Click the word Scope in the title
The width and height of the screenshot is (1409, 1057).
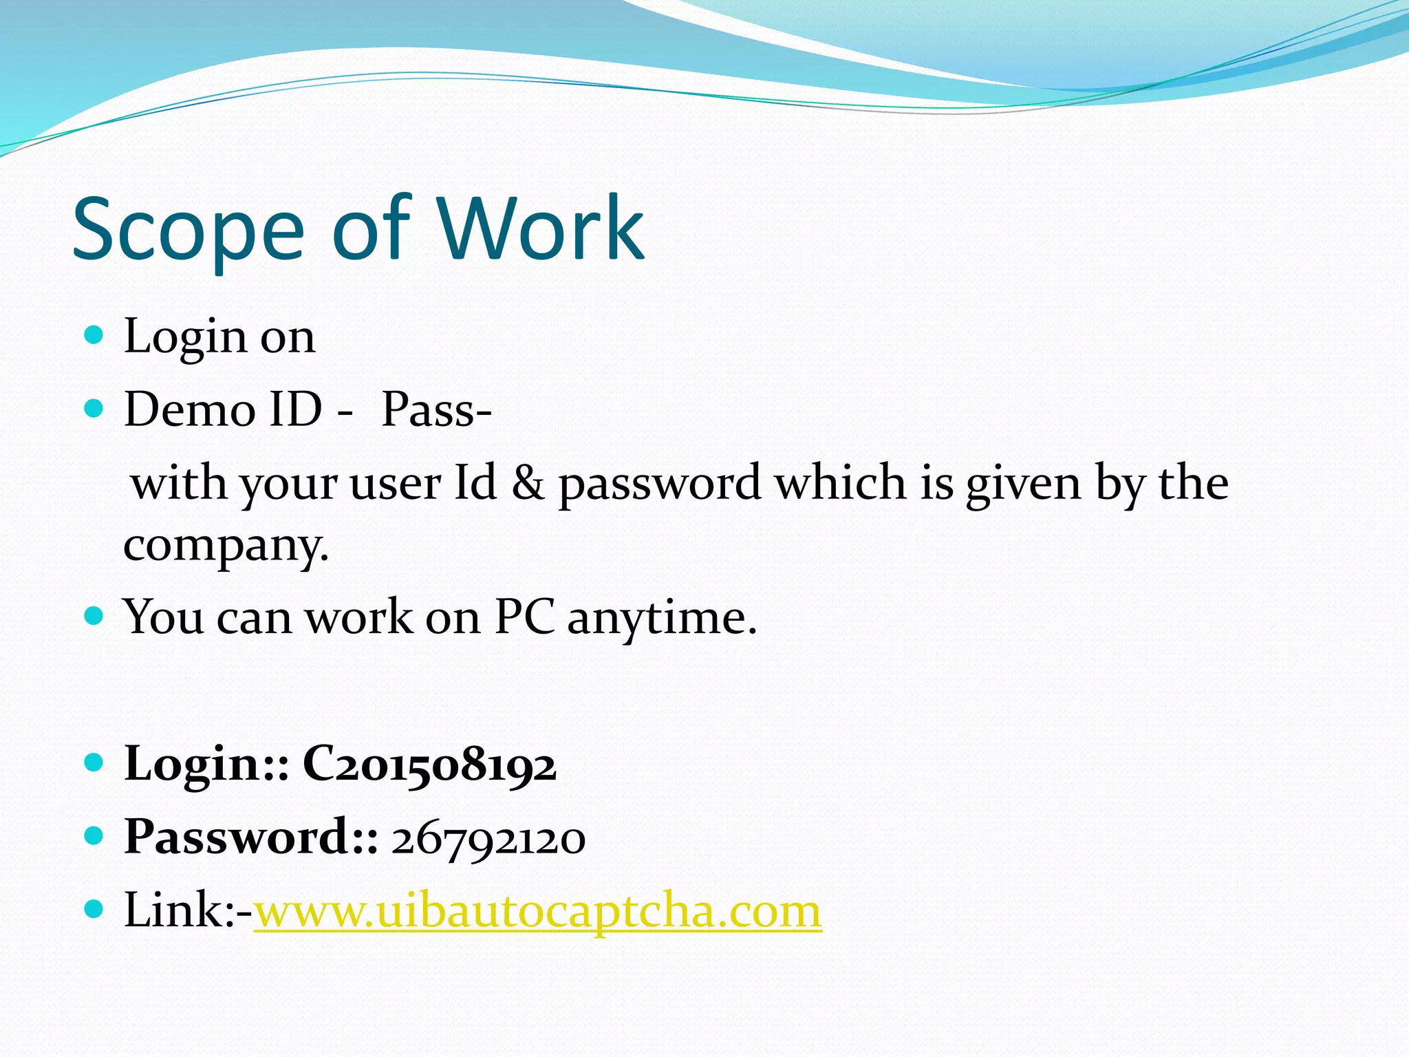[188, 231]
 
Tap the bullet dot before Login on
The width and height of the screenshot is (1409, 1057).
[94, 336]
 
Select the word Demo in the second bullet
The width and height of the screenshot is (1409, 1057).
[189, 409]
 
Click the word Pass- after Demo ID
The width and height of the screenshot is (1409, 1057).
[436, 409]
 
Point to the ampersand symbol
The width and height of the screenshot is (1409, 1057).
[527, 482]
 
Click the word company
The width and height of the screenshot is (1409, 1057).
[226, 546]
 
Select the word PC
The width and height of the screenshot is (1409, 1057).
[524, 617]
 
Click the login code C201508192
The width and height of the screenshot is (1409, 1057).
[429, 765]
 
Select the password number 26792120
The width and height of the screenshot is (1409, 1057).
[488, 839]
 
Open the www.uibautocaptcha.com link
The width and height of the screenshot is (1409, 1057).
[538, 911]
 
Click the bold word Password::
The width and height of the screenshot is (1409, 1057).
[251, 837]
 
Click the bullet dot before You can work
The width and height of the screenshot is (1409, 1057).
[94, 615]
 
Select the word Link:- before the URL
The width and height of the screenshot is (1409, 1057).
[188, 911]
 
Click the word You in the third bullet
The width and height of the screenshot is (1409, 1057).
[163, 617]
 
